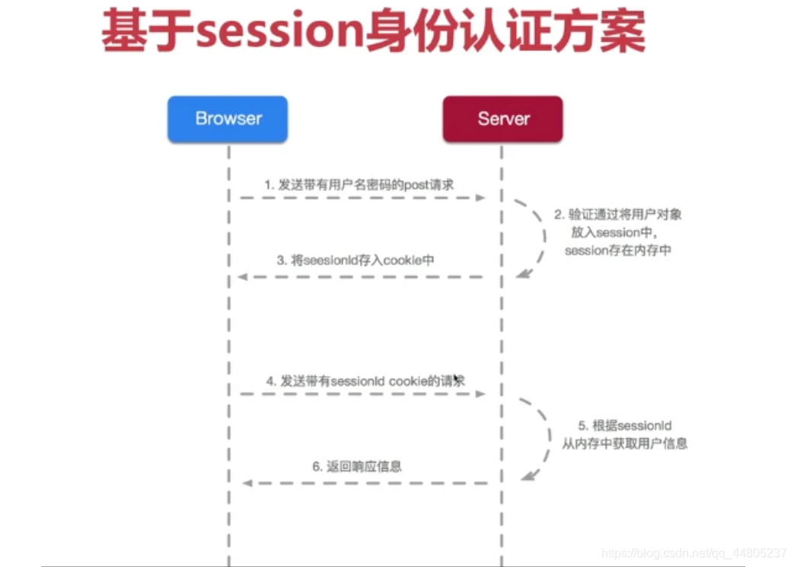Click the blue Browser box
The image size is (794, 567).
point(228,119)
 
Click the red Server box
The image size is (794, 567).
point(502,119)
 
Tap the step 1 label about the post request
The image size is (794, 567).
point(359,184)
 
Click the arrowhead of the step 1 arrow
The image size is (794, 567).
point(480,197)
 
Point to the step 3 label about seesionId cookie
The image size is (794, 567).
point(355,260)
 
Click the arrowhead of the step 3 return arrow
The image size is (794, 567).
point(242,277)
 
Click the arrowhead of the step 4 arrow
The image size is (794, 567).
point(480,393)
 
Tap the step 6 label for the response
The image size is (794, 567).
point(356,467)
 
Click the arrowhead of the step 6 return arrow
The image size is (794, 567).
point(246,483)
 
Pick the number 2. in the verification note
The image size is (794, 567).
point(558,215)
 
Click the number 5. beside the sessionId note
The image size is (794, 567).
point(582,426)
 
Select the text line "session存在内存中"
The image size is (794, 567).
point(617,250)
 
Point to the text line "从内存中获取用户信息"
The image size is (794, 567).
point(624,444)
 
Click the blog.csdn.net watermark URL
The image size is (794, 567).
point(694,553)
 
